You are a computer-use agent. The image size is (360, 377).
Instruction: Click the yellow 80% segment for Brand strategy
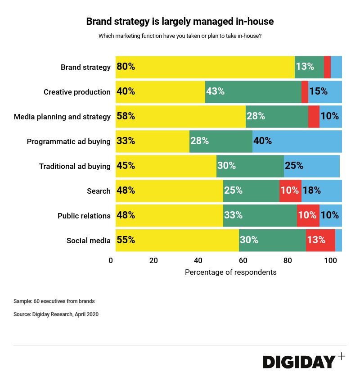pos(205,67)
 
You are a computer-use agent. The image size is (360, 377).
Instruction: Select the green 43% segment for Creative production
pos(253,92)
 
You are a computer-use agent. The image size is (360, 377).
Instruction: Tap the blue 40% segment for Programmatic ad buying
pos(297,141)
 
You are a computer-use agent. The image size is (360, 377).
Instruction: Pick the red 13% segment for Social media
pos(320,240)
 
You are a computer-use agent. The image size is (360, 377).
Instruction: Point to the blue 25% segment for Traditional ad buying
pos(311,166)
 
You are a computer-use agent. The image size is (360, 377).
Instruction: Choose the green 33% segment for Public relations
pos(260,215)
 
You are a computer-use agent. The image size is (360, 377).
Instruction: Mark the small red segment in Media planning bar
pos(314,116)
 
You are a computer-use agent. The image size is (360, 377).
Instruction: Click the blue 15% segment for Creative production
pos(325,92)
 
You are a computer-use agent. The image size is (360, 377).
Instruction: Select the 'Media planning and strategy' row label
pos(62,117)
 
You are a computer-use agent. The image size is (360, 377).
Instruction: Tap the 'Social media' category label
pos(88,241)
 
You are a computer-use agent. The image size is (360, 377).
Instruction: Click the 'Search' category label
pos(99,191)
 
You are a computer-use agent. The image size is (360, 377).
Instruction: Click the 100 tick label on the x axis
pos(330,260)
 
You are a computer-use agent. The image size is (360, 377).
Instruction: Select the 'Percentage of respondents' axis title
pos(230,272)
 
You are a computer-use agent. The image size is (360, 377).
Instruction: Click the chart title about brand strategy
pos(180,21)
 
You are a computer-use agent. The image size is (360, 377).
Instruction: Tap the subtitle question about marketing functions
pos(180,36)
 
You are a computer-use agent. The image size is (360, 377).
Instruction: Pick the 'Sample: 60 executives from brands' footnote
pos(54,301)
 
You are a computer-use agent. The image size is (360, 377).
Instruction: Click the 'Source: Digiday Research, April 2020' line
pos(56,314)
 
